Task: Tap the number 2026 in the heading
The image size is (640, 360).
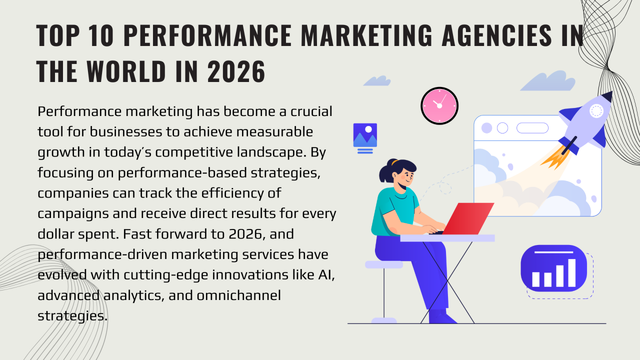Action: [236, 71]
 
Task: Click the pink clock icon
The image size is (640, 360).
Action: [439, 105]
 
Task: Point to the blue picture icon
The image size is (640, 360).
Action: [365, 135]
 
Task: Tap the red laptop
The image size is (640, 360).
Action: [467, 218]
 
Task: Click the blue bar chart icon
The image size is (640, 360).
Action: [553, 268]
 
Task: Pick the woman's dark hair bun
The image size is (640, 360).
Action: [386, 172]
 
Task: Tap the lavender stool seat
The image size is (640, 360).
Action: [383, 264]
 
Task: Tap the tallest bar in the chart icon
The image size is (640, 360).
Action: [571, 272]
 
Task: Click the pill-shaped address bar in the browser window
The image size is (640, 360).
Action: [532, 128]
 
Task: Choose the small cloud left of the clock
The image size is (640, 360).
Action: [377, 81]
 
